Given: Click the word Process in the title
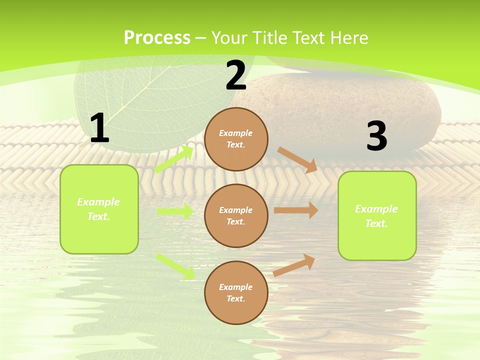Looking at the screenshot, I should [x=157, y=38].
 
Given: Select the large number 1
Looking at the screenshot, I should [x=99, y=128].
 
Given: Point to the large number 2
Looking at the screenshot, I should [x=236, y=76].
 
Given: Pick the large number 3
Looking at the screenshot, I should [x=376, y=136].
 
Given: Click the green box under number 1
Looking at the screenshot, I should [x=99, y=209].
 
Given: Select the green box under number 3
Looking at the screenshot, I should [x=377, y=216].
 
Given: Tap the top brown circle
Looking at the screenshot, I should [x=236, y=139].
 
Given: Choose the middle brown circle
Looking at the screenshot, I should [x=236, y=216].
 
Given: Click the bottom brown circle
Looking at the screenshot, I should [x=236, y=292].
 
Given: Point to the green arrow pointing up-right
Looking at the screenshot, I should [x=174, y=159].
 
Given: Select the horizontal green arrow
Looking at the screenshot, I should [x=175, y=211].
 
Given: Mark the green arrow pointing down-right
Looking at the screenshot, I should [x=175, y=266].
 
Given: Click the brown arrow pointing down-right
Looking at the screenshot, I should [x=297, y=159].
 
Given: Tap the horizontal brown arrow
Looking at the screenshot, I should [x=296, y=210].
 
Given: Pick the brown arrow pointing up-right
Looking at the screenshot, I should [x=294, y=265].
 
